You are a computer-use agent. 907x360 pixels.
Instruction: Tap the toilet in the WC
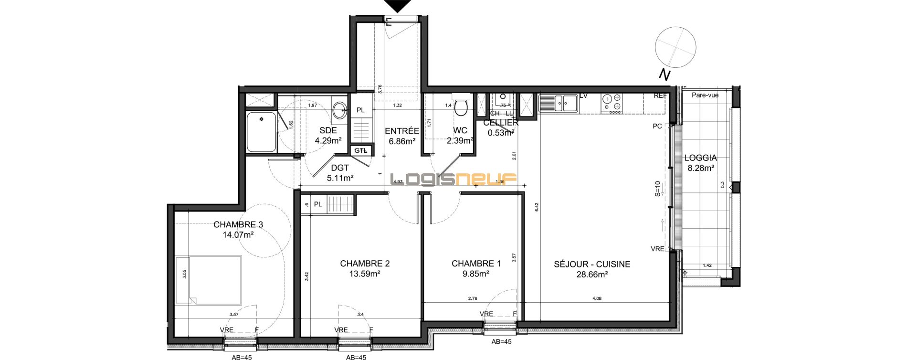coord(461,108)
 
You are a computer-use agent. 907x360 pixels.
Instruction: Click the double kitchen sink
coord(558,103)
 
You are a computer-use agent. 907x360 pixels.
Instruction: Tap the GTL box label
coord(360,150)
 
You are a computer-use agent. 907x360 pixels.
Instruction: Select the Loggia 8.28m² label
coord(700,163)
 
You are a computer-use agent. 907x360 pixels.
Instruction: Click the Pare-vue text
coord(705,95)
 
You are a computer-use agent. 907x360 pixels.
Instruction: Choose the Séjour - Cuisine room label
coord(592,264)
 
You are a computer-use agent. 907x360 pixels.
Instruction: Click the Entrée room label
coord(401,131)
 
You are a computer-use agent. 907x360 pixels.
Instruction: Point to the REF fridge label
coord(660,95)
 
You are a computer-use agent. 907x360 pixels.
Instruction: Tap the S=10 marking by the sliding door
coord(657,189)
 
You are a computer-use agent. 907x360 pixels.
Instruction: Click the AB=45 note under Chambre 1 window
coord(501,341)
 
